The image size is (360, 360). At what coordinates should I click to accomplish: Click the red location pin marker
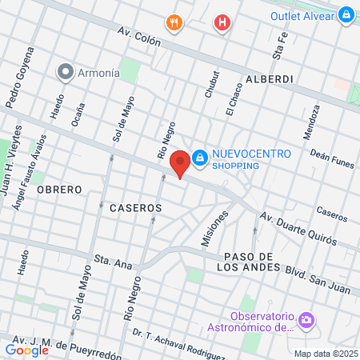pos(181,162)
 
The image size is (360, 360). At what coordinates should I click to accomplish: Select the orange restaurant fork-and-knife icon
pos(173,22)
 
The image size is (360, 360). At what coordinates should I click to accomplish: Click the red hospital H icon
pos(222,23)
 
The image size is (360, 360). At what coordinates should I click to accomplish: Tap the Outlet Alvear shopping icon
pos(346,14)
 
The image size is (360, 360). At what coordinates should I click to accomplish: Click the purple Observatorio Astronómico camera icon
pos(306,322)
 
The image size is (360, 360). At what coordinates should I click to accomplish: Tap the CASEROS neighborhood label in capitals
pos(135,207)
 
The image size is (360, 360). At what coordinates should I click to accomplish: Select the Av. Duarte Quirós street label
pos(303,230)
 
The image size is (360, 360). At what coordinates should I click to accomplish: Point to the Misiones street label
pos(211,228)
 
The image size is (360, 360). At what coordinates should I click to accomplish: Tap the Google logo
pos(26,350)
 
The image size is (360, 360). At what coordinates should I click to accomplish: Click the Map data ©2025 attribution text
pos(324,354)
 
